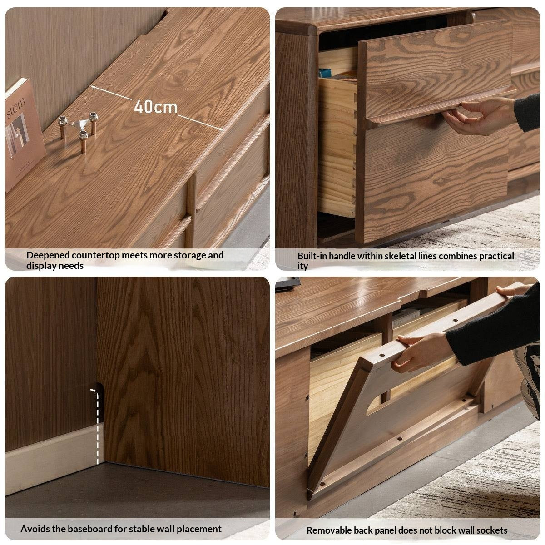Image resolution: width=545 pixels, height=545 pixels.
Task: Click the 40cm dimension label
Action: point(155,107)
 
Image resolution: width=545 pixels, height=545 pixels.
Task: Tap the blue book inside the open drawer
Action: point(325,73)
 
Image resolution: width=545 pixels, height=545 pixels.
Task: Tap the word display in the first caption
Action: point(40,266)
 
